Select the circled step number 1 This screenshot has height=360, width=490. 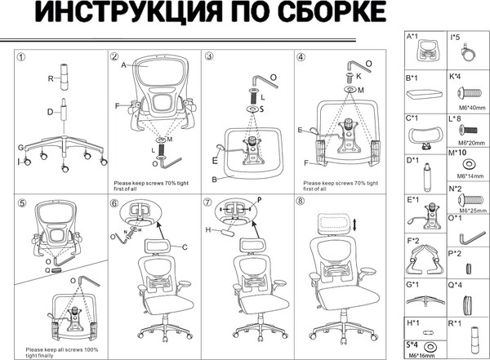coord(22,56)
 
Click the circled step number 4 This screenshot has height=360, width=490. coord(301,56)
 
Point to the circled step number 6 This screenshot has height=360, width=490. coord(114,202)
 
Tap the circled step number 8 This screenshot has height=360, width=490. coord(301,202)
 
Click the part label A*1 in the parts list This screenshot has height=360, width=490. coord(412,37)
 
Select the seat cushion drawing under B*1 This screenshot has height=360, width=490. coord(425,95)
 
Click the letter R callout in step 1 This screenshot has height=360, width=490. coord(50,78)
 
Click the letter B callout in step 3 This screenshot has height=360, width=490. coord(214,178)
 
